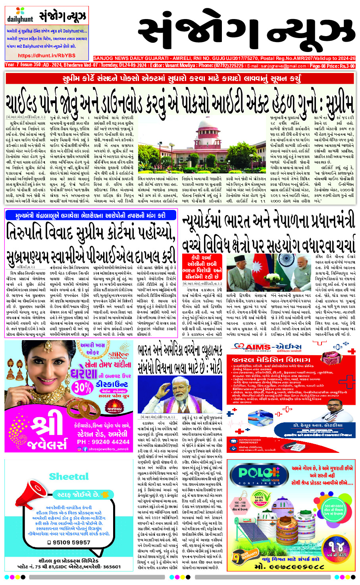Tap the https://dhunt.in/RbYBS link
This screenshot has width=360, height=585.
[x=46, y=56]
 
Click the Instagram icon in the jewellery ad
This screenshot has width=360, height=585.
[x=79, y=449]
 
